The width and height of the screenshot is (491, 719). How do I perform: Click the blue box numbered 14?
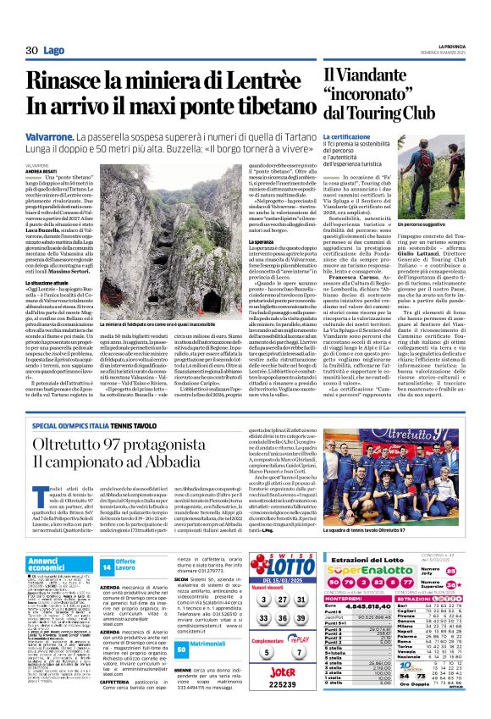coord(108,565)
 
